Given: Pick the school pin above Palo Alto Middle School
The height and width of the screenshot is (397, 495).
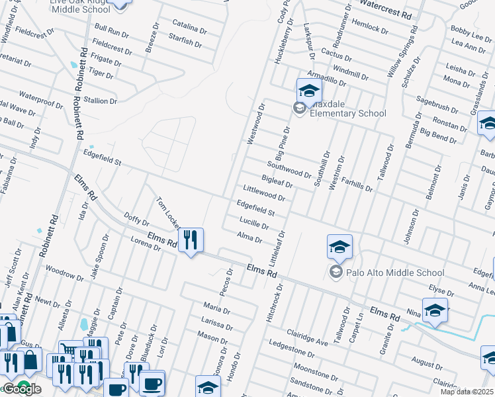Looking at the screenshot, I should [339, 247].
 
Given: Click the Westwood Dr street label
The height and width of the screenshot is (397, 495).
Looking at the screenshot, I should [255, 124].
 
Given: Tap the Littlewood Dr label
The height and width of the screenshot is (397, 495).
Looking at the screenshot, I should [264, 193].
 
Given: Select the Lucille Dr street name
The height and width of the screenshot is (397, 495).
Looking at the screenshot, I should [253, 223].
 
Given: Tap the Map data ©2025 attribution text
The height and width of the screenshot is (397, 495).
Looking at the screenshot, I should [467, 392].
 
